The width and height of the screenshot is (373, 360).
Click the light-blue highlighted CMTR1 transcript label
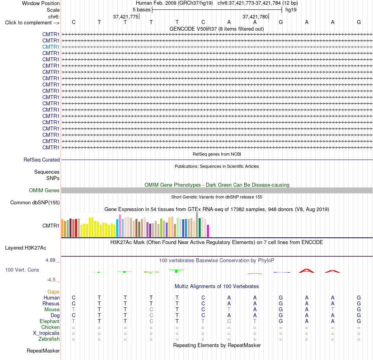click(51, 47)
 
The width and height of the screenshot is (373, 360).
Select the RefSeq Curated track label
click(41, 160)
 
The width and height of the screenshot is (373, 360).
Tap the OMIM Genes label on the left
click(44, 191)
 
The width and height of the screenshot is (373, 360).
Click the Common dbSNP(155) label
click(35, 203)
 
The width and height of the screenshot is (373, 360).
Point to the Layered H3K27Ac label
click(26, 248)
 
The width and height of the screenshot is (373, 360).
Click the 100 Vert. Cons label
click(22, 270)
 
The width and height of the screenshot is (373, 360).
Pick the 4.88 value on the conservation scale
click(50, 260)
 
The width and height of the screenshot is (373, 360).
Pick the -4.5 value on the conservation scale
click(51, 280)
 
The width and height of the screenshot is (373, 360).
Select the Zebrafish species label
click(49, 339)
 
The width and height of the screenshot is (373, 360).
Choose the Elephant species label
click(49, 321)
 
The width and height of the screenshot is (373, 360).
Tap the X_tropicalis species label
click(46, 333)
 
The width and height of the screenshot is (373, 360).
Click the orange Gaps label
click(53, 292)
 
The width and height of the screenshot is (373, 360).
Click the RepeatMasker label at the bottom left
click(43, 351)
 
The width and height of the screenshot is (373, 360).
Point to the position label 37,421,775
click(126, 17)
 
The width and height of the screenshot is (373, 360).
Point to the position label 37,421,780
click(255, 17)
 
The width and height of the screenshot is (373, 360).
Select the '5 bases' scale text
click(141, 10)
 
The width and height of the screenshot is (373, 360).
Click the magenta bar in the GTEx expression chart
click(208, 231)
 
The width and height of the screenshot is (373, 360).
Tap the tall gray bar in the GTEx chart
click(197, 224)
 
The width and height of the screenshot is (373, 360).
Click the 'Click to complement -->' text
click(32, 23)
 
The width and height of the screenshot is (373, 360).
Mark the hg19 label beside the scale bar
click(291, 10)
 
